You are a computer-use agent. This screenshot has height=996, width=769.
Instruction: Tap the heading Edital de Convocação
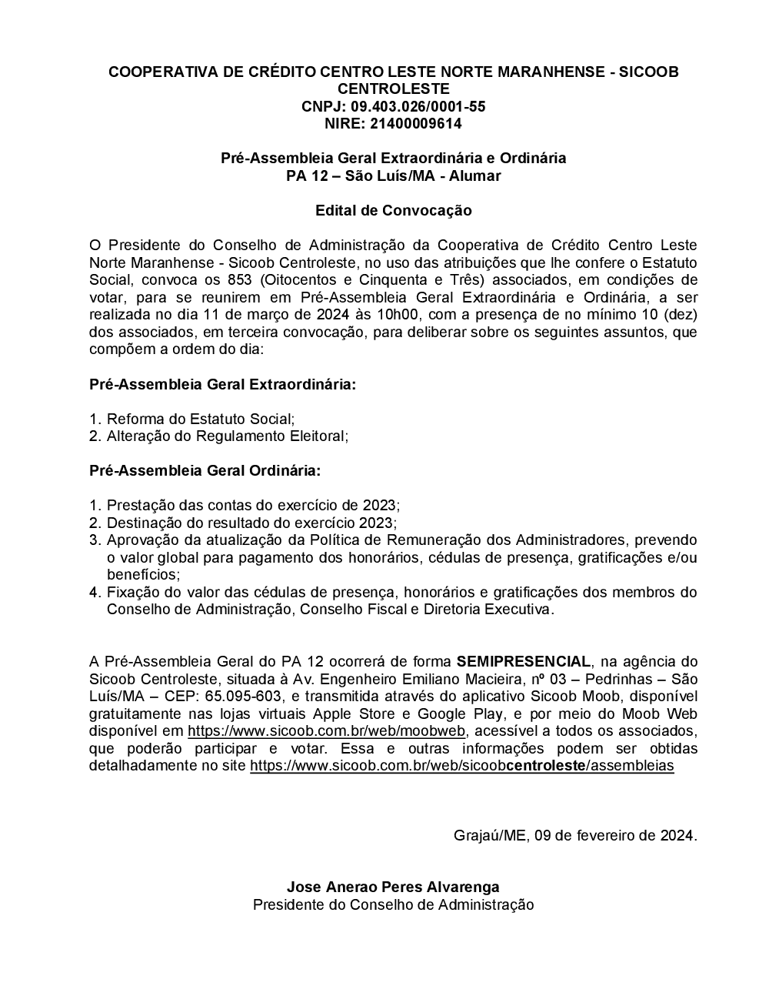(393, 210)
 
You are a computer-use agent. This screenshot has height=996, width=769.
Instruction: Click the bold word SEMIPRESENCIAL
(524, 661)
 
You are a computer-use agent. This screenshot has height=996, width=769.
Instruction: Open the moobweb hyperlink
(326, 730)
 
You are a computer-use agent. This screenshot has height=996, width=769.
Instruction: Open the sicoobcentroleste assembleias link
(461, 766)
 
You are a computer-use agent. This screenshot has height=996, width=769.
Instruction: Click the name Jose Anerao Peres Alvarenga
(393, 887)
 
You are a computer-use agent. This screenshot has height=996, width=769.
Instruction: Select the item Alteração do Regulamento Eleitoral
(227, 436)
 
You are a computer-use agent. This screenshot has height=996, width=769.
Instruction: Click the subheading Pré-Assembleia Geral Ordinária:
(205, 470)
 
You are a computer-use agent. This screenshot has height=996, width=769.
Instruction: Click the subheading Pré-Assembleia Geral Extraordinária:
(223, 383)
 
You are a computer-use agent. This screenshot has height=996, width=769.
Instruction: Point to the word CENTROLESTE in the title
(393, 89)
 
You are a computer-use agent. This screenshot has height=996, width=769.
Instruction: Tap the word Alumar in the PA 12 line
(476, 175)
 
